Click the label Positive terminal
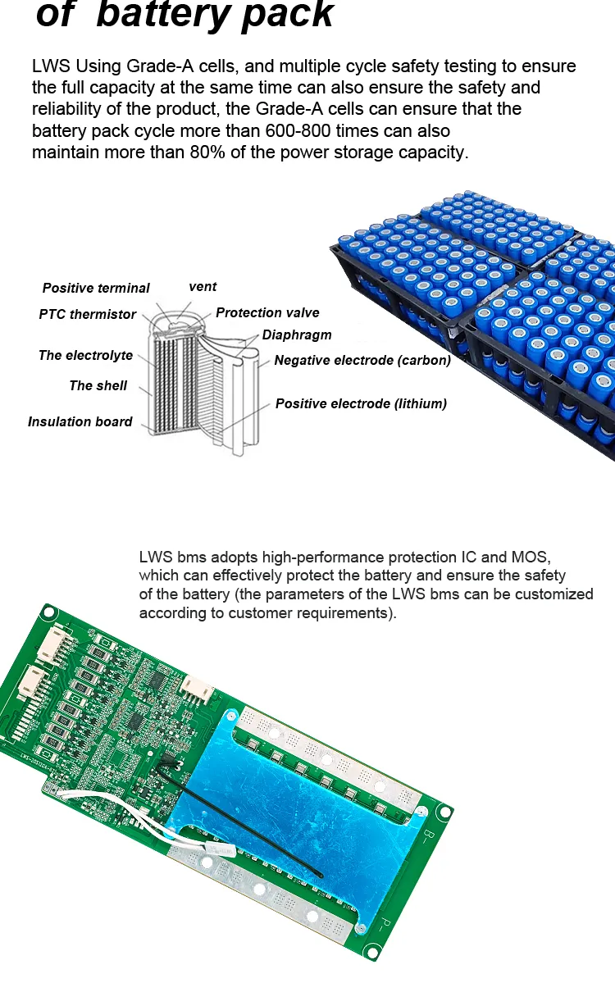pos(96,288)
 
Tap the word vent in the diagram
pos(203,286)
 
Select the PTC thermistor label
pos(87,314)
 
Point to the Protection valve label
pos(267,312)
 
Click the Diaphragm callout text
pos(297,335)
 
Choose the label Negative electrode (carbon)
pos(362,360)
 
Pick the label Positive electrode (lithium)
pos(361,403)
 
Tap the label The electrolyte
pos(85,355)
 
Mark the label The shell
pos(98,385)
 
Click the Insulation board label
pos(80,421)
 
